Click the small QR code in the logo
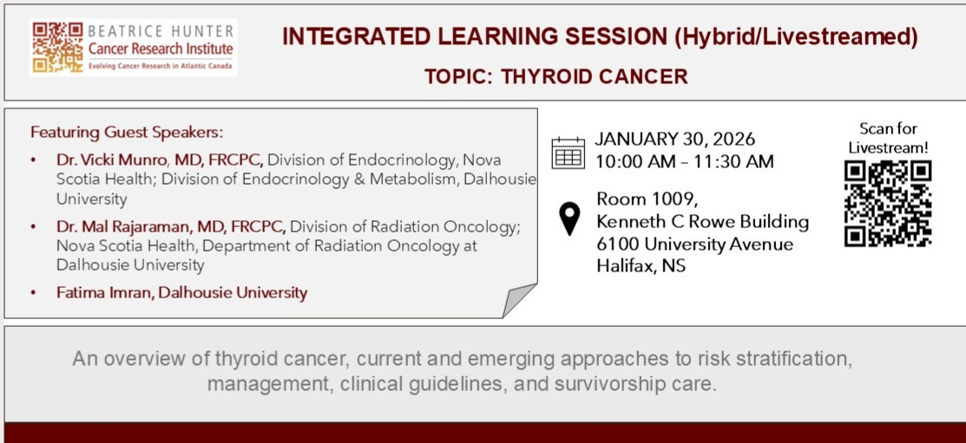[x=58, y=48]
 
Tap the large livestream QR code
[x=888, y=204]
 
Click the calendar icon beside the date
[x=568, y=153]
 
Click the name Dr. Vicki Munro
[x=111, y=160]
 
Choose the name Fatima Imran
[x=104, y=292]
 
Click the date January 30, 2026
[x=674, y=139]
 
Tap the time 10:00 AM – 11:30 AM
[x=684, y=162]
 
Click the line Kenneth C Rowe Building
[x=702, y=222]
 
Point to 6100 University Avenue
[x=695, y=244]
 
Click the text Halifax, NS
[x=641, y=266]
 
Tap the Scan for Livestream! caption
[x=888, y=138]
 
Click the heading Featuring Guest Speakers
[x=127, y=133]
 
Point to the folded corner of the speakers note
[x=519, y=300]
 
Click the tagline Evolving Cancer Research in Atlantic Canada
[x=161, y=66]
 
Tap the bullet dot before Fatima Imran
[x=33, y=293]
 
